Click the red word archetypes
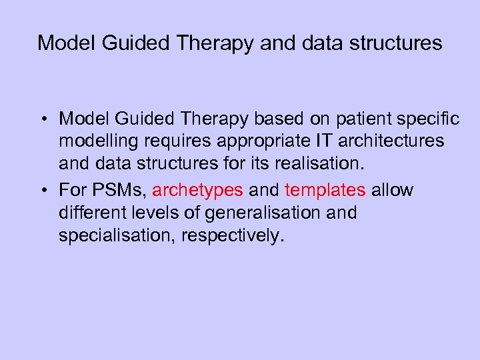coord(197,191)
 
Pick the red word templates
coord(325,191)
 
